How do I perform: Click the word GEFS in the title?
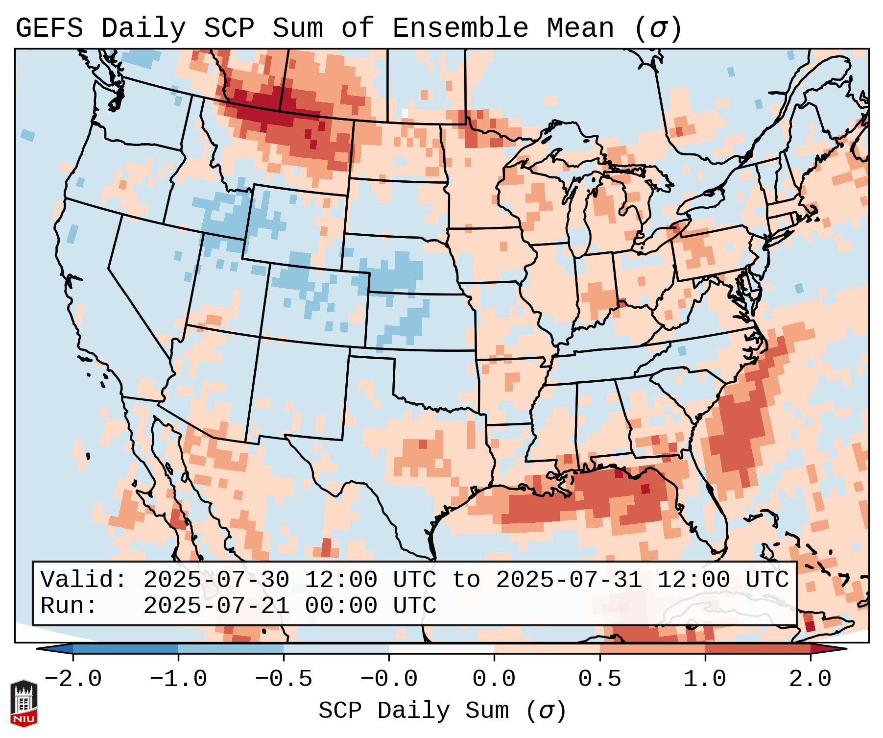pos(49,28)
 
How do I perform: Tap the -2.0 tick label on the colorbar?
pos(73,679)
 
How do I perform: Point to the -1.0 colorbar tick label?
pos(178,679)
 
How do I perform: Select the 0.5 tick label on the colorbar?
pos(599,679)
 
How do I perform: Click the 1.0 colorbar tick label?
pos(705,679)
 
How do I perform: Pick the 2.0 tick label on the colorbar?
pos(810,679)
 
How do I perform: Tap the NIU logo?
pos(24,703)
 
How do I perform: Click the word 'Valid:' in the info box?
pos(84,580)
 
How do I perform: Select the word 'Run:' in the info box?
pos(69,606)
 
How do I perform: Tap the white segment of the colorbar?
pos(441,649)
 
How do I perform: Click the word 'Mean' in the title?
pos(580,28)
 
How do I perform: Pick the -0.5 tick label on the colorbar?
pos(284,679)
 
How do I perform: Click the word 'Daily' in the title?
pos(143,28)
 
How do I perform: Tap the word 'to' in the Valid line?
pos(466,580)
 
